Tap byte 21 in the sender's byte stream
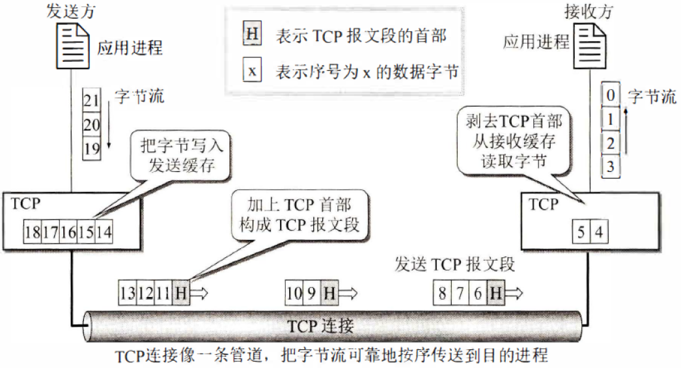[90, 102]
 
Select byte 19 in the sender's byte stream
[90, 147]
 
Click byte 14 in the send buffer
[103, 231]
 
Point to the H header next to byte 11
[180, 294]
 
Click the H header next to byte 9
[331, 294]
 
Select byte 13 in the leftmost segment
[127, 294]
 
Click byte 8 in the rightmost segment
[442, 294]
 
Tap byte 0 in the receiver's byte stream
[610, 96]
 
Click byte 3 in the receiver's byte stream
[610, 167]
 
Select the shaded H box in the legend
[251, 36]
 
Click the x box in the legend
[251, 70]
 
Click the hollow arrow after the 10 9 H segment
[349, 294]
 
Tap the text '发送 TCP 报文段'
[455, 264]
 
